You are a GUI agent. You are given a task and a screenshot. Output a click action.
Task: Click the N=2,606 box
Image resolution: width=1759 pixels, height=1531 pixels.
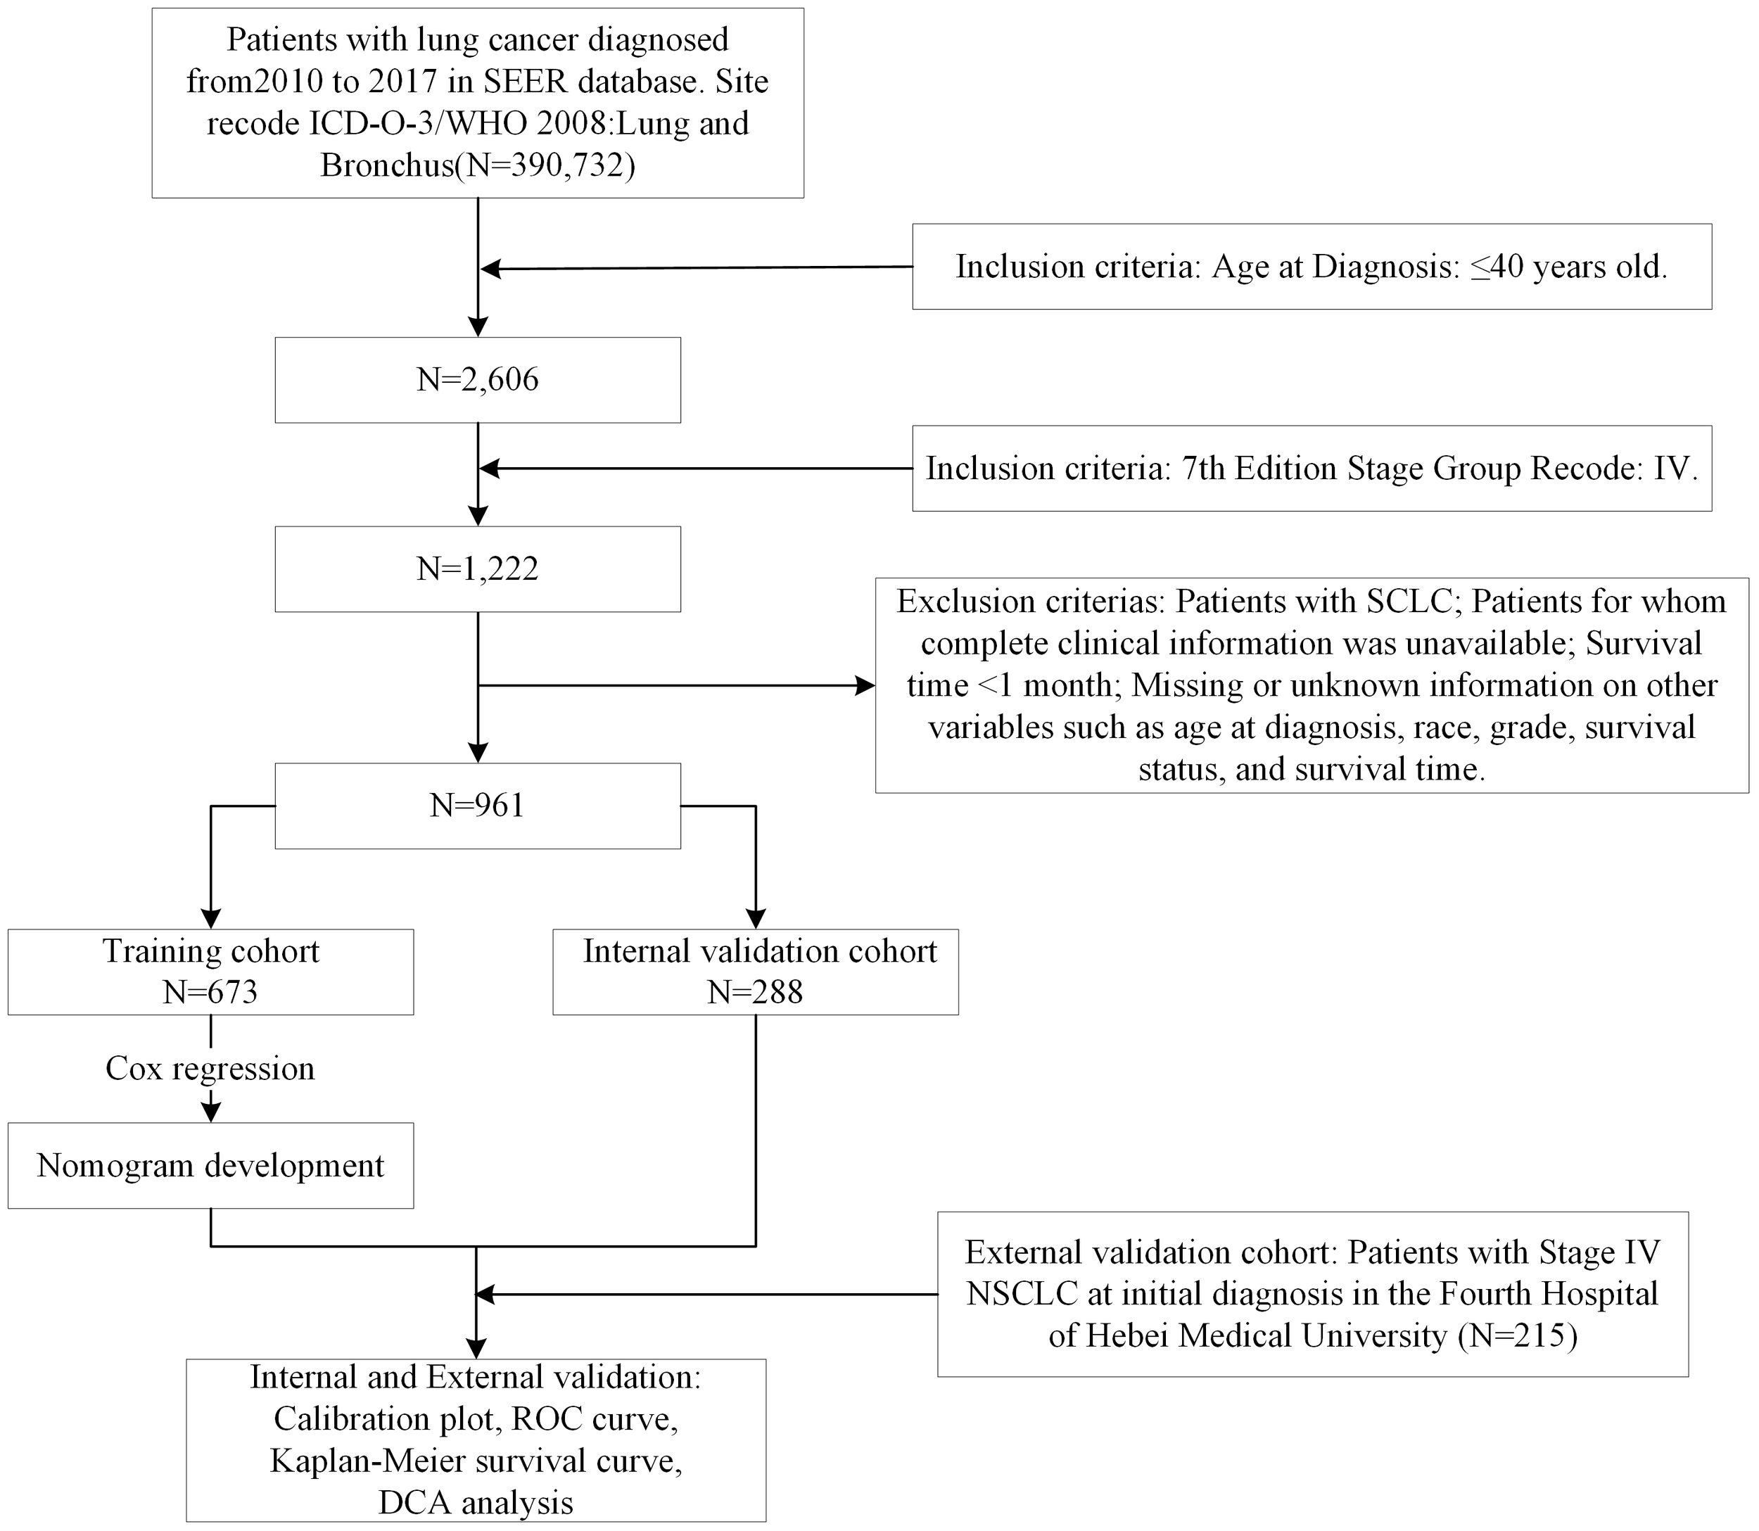point(478,380)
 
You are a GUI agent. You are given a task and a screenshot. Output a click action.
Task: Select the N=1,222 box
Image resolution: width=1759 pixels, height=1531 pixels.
point(478,569)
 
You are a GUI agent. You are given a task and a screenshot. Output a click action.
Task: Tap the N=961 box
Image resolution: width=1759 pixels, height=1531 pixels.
point(478,806)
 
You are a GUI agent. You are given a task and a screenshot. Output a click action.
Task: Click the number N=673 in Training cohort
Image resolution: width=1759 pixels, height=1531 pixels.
point(210,992)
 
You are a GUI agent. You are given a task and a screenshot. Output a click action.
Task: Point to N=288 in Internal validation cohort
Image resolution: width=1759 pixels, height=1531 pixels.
point(755,992)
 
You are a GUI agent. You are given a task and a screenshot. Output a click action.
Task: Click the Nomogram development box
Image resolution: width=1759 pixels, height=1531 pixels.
point(210,1165)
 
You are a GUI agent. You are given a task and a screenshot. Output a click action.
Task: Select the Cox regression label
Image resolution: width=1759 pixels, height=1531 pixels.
point(210,1069)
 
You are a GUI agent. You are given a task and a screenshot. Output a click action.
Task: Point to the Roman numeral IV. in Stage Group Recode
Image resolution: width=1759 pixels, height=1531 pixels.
point(1675,468)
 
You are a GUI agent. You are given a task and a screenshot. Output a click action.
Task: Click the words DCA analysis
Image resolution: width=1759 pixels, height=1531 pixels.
point(476,1502)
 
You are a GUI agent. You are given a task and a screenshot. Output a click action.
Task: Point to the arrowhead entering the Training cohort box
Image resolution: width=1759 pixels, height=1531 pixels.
point(210,920)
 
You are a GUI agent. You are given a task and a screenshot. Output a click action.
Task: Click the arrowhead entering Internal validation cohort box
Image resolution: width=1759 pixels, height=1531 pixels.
point(755,920)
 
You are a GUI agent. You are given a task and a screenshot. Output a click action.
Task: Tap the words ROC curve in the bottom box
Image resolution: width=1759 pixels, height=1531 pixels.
point(595,1418)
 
